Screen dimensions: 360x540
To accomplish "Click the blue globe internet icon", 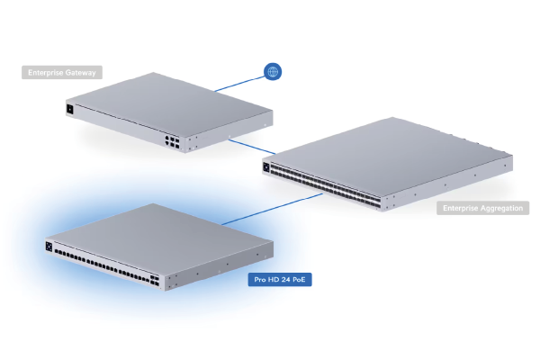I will point(271,72).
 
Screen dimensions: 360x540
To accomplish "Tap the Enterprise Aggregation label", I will point(483,209).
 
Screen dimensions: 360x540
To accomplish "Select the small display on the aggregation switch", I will point(267,165).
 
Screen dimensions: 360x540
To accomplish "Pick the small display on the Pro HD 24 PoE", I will point(48,245).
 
